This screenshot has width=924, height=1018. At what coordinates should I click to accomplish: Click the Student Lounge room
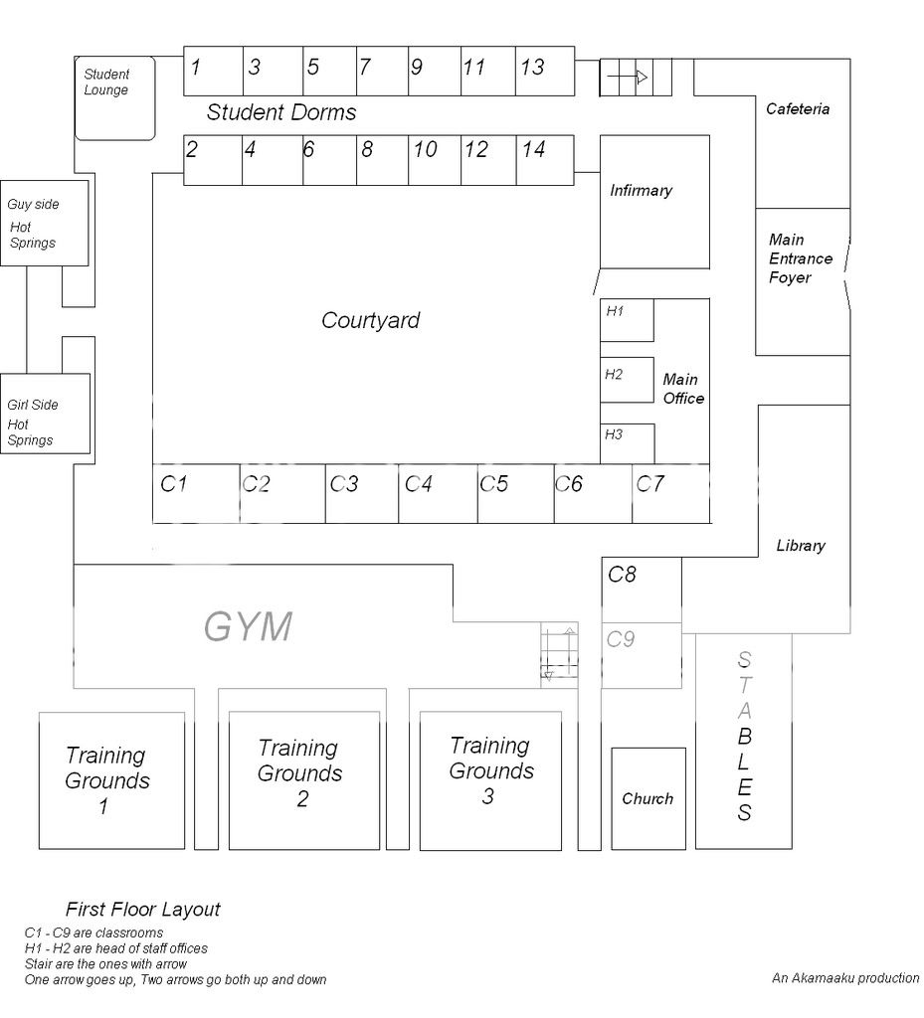click(x=115, y=97)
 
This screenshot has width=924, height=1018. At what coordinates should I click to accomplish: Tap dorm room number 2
click(x=213, y=160)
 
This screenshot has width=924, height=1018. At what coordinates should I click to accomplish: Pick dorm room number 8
click(x=382, y=160)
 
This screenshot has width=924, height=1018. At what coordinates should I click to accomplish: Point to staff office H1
click(x=626, y=319)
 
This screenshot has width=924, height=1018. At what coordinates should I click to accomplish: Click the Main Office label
click(x=683, y=389)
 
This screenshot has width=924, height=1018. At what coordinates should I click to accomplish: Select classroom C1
click(x=196, y=493)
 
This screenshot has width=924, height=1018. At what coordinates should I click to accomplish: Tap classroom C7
click(x=670, y=493)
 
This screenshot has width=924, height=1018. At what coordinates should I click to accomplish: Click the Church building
click(x=647, y=798)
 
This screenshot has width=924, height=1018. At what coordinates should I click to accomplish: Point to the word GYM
click(x=249, y=627)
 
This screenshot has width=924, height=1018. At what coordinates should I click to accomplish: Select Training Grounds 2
click(x=303, y=780)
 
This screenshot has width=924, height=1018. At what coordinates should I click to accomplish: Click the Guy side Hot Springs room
click(x=44, y=223)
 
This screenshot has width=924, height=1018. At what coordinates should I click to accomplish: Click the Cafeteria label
click(x=797, y=108)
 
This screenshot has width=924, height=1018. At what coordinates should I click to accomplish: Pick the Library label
click(x=800, y=545)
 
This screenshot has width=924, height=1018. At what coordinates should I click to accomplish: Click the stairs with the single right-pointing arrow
click(x=635, y=77)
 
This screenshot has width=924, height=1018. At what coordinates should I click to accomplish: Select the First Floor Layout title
click(x=142, y=909)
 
